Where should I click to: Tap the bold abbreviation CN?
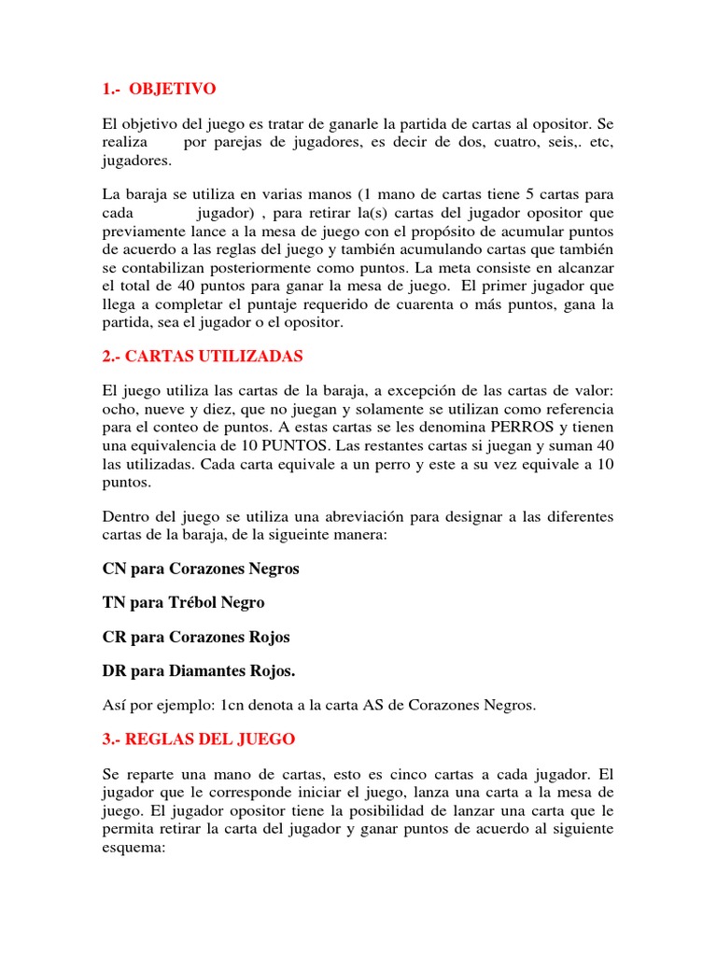[x=112, y=568]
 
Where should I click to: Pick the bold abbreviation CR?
[x=112, y=637]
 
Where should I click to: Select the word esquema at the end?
[x=132, y=850]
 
